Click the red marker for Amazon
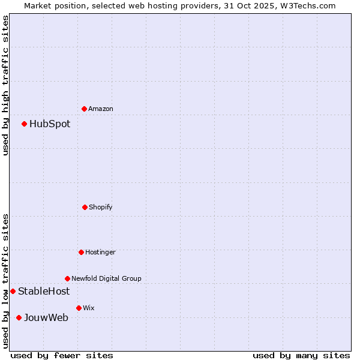[x=85, y=109]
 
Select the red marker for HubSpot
[x=25, y=124]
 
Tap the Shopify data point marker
[x=85, y=207]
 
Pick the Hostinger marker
[x=81, y=252]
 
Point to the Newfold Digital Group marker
[x=67, y=278]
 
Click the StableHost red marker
[x=13, y=291]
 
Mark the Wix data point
[x=79, y=308]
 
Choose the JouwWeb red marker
[x=19, y=317]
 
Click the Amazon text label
[x=101, y=109]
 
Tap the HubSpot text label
[x=50, y=124]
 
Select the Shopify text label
[x=101, y=207]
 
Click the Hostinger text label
[x=100, y=252]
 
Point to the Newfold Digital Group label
[x=106, y=278]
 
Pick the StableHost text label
[x=44, y=292]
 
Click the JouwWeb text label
[x=46, y=318]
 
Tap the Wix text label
[x=89, y=308]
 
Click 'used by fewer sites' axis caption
[x=62, y=355]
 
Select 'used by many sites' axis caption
[x=301, y=355]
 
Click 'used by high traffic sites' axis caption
[x=5, y=85]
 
